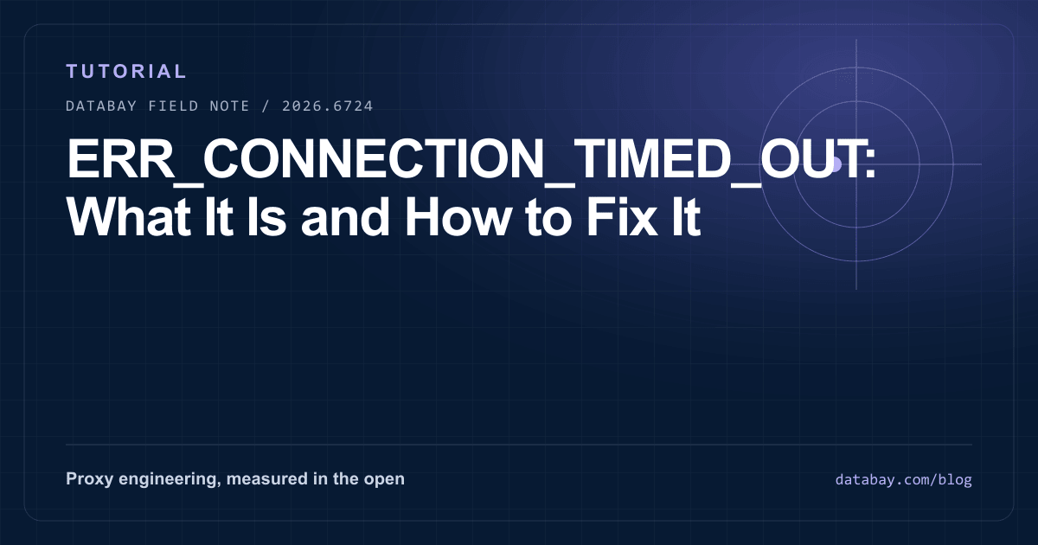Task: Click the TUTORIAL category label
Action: point(126,71)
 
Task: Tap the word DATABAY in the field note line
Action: point(101,106)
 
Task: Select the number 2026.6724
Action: point(328,106)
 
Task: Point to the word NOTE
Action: point(230,106)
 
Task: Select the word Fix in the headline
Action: point(622,216)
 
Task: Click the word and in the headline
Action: point(345,216)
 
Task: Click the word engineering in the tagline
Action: point(170,479)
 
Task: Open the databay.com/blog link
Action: point(904,479)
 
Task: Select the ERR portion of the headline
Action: point(120,158)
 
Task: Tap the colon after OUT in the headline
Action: point(870,163)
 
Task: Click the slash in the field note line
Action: point(266,106)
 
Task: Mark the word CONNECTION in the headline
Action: point(374,158)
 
